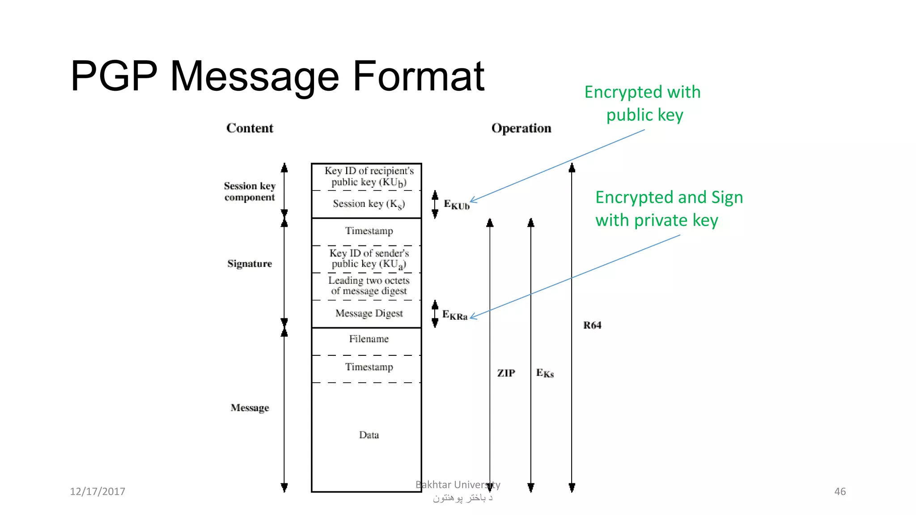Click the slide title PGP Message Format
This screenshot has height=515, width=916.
coord(277,77)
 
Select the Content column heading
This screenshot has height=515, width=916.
coord(250,128)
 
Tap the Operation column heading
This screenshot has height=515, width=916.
coord(521,128)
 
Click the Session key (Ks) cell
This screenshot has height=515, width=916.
coord(369,204)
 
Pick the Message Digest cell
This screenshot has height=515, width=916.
coord(369,313)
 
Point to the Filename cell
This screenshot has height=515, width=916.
coord(369,339)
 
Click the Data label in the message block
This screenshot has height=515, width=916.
coord(369,435)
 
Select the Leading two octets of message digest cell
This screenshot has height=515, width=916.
coord(369,286)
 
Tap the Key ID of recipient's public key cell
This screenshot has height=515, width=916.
coord(369,177)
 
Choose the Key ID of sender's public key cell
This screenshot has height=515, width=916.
coord(369,259)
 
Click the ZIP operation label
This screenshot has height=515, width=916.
coord(506,373)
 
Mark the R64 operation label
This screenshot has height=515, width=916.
coord(592,325)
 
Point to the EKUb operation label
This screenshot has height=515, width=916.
coord(456,205)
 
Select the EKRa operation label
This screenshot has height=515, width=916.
coord(454,315)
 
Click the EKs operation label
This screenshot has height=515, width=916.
coord(545,373)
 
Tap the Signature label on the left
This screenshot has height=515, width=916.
coord(249,264)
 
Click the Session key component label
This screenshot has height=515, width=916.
coord(250,191)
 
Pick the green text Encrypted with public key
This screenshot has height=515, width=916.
coord(643,103)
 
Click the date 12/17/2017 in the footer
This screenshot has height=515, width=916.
coord(98,492)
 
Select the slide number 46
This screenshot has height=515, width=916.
coord(840,492)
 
